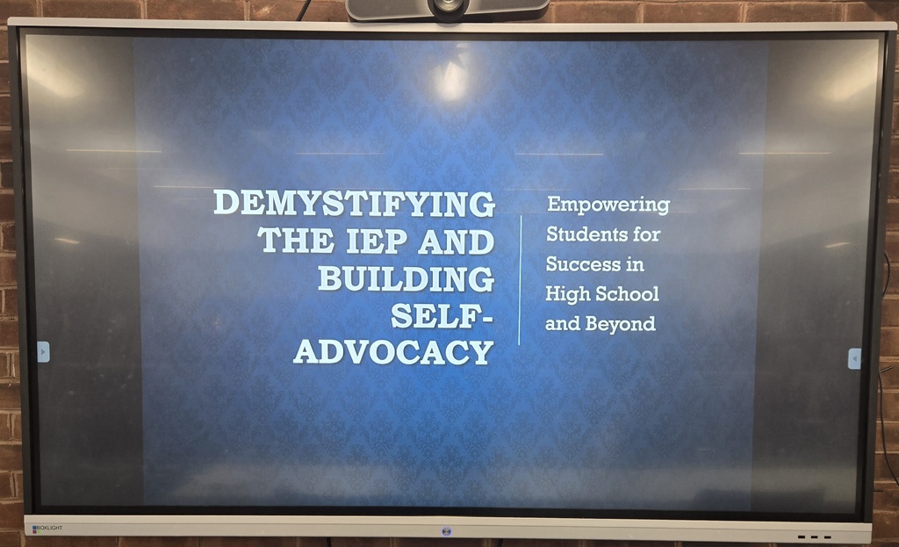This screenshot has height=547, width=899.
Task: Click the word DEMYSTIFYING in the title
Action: pos(354,204)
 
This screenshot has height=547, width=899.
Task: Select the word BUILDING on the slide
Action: pos(405,278)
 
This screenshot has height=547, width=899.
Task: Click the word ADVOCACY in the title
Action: pos(393,352)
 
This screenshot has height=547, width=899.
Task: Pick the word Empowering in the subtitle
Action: pos(608,205)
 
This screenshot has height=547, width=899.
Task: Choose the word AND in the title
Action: pos(456,241)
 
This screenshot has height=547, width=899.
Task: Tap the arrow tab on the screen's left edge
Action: pos(43,352)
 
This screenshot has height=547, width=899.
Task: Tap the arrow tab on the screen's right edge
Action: pos(854,359)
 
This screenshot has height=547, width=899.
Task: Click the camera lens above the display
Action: pos(449,5)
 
